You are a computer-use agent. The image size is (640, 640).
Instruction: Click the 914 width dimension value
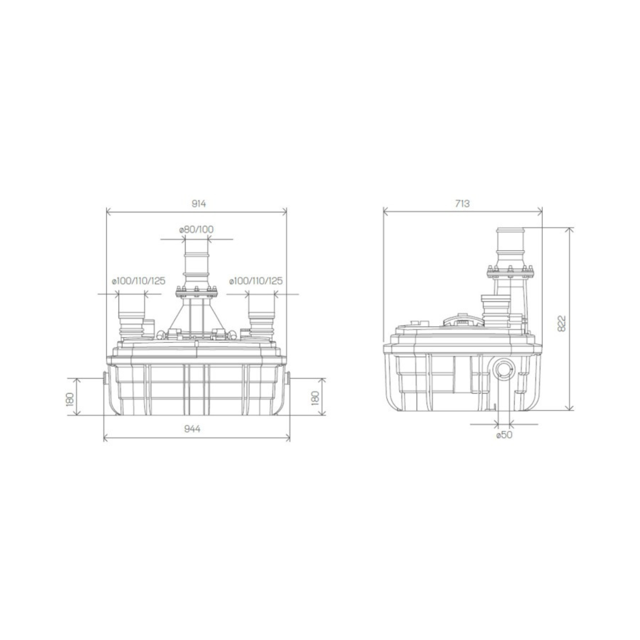[198, 204]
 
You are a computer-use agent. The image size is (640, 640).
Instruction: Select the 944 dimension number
[193, 429]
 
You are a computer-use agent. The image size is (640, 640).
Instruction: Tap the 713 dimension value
[462, 204]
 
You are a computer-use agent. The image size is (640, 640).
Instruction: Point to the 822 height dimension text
[561, 323]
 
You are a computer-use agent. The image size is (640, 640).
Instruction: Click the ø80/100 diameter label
[196, 229]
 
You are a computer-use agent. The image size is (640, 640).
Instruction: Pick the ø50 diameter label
[504, 435]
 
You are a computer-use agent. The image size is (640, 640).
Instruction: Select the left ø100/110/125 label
[139, 281]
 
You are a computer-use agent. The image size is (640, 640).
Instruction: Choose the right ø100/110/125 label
[256, 281]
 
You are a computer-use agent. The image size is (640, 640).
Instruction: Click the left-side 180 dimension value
[70, 399]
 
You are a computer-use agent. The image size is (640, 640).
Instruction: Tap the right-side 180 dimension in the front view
[316, 398]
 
